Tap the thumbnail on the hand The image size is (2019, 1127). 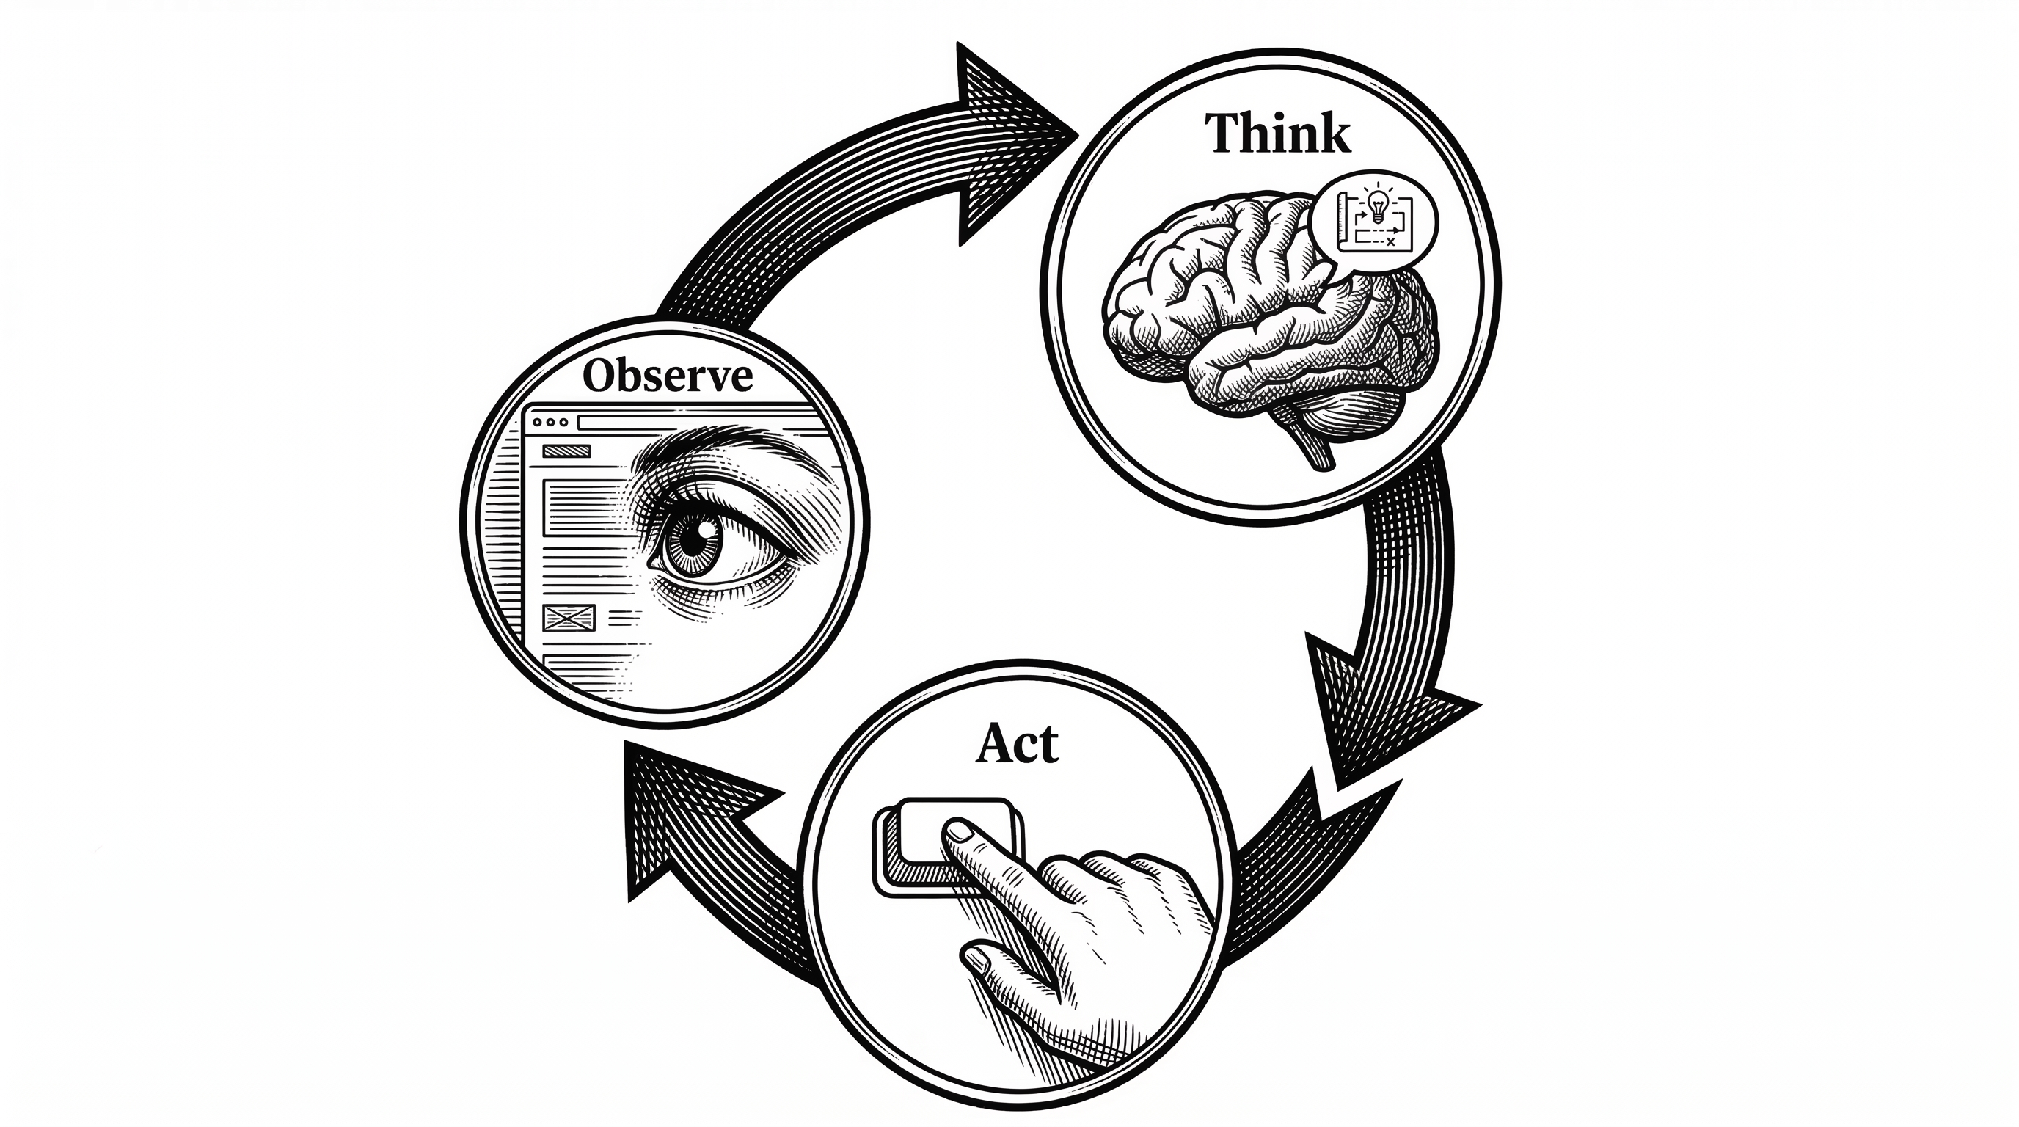976,958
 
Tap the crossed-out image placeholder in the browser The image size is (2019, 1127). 569,619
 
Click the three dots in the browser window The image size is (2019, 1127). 549,422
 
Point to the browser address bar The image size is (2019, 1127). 690,423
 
